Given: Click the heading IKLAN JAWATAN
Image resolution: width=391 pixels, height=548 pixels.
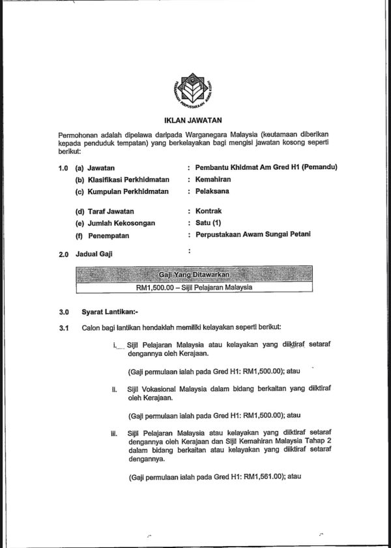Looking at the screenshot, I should [193, 120].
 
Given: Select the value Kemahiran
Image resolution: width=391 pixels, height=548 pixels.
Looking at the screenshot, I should [214, 179].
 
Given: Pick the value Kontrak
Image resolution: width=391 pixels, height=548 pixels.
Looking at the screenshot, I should [209, 212].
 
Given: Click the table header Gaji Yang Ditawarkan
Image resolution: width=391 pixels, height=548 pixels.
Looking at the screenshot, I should [194, 274].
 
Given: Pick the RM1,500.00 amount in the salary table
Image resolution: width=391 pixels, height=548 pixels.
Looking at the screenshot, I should [154, 287].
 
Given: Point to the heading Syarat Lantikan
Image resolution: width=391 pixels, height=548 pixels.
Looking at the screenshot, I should [105, 312].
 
